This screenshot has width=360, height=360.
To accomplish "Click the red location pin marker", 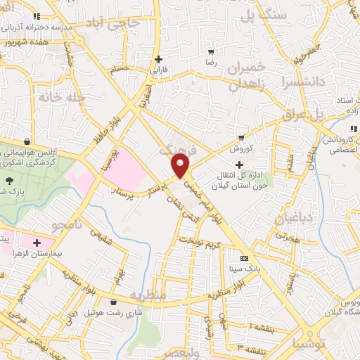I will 181,166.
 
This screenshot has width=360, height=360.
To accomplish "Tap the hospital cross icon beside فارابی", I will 159,59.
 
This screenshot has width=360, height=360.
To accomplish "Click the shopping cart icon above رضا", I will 210,52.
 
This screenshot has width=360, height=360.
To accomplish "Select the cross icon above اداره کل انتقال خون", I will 240,165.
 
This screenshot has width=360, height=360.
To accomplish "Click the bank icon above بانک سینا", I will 244,257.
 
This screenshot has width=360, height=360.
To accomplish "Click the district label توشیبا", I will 308,344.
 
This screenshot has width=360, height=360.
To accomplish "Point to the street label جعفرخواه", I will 305,55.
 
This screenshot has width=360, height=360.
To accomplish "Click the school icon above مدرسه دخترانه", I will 35,16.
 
